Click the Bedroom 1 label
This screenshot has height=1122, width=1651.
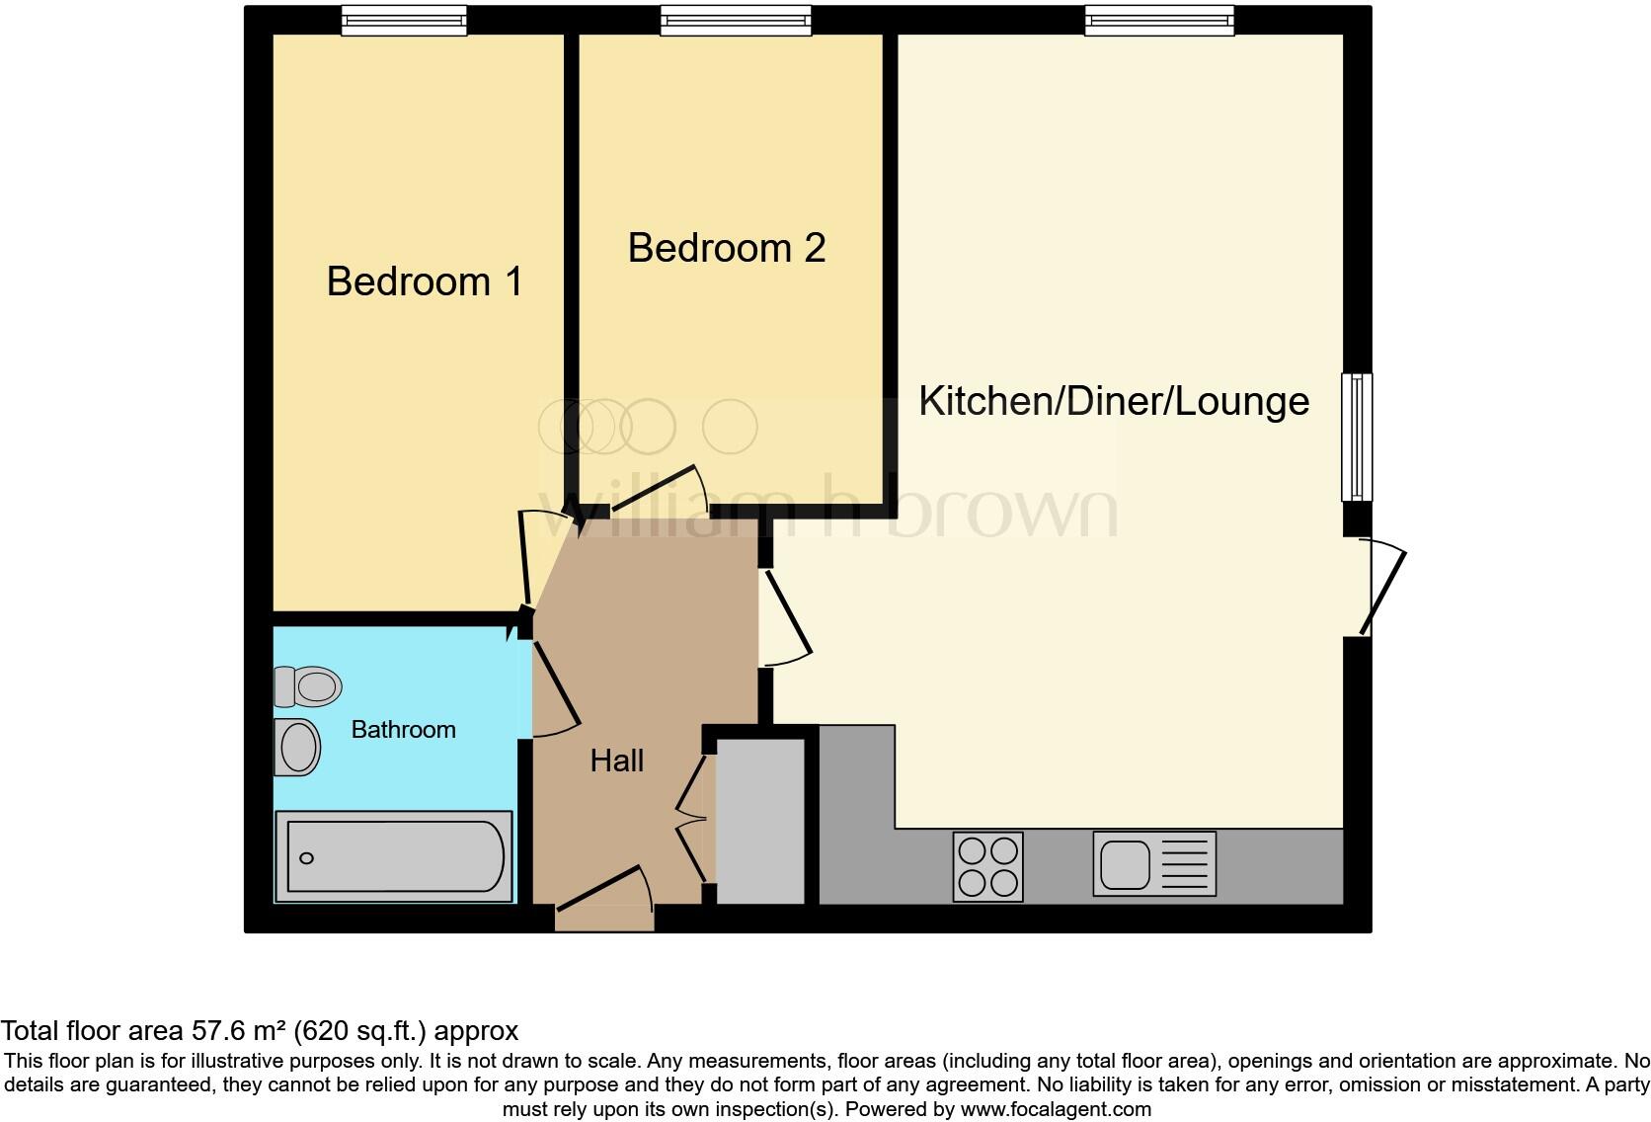(x=424, y=282)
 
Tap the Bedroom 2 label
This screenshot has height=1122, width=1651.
(x=726, y=248)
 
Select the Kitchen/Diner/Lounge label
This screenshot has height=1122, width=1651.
(x=1113, y=401)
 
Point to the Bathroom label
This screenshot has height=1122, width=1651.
(x=403, y=730)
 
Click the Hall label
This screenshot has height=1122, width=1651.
(x=616, y=761)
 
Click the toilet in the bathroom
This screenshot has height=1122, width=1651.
(x=308, y=686)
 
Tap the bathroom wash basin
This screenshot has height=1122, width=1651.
(x=297, y=747)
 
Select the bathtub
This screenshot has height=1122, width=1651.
(x=394, y=857)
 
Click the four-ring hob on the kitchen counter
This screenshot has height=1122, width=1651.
(x=987, y=866)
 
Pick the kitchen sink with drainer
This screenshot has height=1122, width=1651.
(x=1153, y=864)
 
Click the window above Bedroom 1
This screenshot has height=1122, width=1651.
(x=403, y=21)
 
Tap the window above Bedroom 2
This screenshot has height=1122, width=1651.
(x=736, y=21)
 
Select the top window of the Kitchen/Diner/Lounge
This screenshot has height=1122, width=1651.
(x=1158, y=21)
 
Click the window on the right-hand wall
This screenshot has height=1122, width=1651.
(x=1357, y=437)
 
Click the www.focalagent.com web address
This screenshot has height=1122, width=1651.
(x=1055, y=1109)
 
